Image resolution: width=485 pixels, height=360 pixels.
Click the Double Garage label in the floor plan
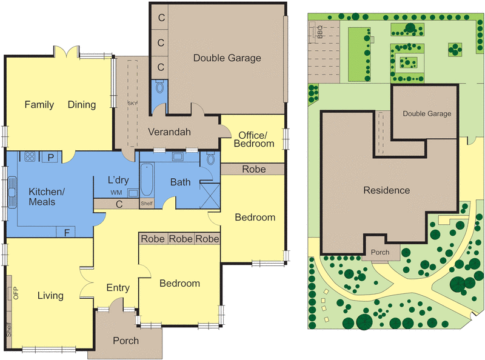click(x=227, y=58)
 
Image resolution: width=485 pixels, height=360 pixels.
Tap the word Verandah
click(x=169, y=132)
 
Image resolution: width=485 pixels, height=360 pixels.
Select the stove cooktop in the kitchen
click(x=30, y=156)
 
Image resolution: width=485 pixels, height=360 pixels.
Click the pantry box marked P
click(x=51, y=157)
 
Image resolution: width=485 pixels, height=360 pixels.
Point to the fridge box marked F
click(x=65, y=232)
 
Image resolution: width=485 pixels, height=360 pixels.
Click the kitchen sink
click(x=12, y=192)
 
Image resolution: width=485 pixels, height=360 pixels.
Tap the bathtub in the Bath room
click(x=147, y=180)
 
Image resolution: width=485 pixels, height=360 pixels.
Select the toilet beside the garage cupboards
click(x=159, y=87)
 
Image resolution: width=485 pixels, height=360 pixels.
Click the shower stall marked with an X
click(x=210, y=196)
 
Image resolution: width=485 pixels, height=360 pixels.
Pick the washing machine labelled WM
click(x=133, y=193)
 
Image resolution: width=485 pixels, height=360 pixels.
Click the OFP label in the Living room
click(x=16, y=293)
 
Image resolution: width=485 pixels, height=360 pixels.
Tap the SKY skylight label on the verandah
click(x=132, y=103)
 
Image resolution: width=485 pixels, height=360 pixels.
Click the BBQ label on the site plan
click(x=320, y=32)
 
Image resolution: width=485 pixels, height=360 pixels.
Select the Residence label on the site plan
click(x=387, y=190)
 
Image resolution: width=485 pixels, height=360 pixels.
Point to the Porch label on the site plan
click(x=380, y=252)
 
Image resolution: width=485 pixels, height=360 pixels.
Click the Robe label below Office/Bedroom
click(x=253, y=169)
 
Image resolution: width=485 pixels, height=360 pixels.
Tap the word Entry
click(x=118, y=288)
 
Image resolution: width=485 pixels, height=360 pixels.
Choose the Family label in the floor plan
click(x=39, y=104)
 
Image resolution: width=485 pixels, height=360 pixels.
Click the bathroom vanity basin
click(x=178, y=156)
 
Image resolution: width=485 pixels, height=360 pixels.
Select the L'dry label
click(x=118, y=180)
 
